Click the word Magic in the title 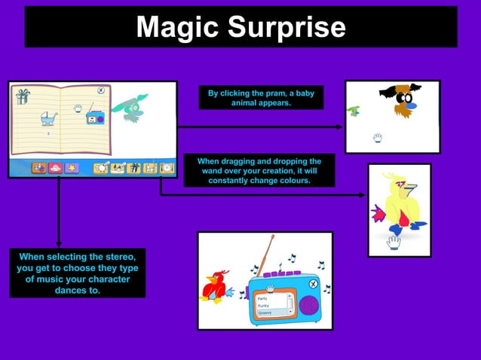tap(178, 27)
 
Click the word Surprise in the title tap(286, 28)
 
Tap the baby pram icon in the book tap(49, 117)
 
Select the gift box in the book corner tap(23, 95)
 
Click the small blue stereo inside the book tap(95, 118)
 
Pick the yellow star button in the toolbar tap(72, 168)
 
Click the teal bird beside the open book tap(131, 108)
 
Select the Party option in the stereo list tap(263, 298)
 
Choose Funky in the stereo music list tap(263, 305)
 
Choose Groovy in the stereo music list tap(265, 312)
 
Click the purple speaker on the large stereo tap(309, 304)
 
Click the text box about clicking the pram tap(261, 98)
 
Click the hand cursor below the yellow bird tap(394, 242)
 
